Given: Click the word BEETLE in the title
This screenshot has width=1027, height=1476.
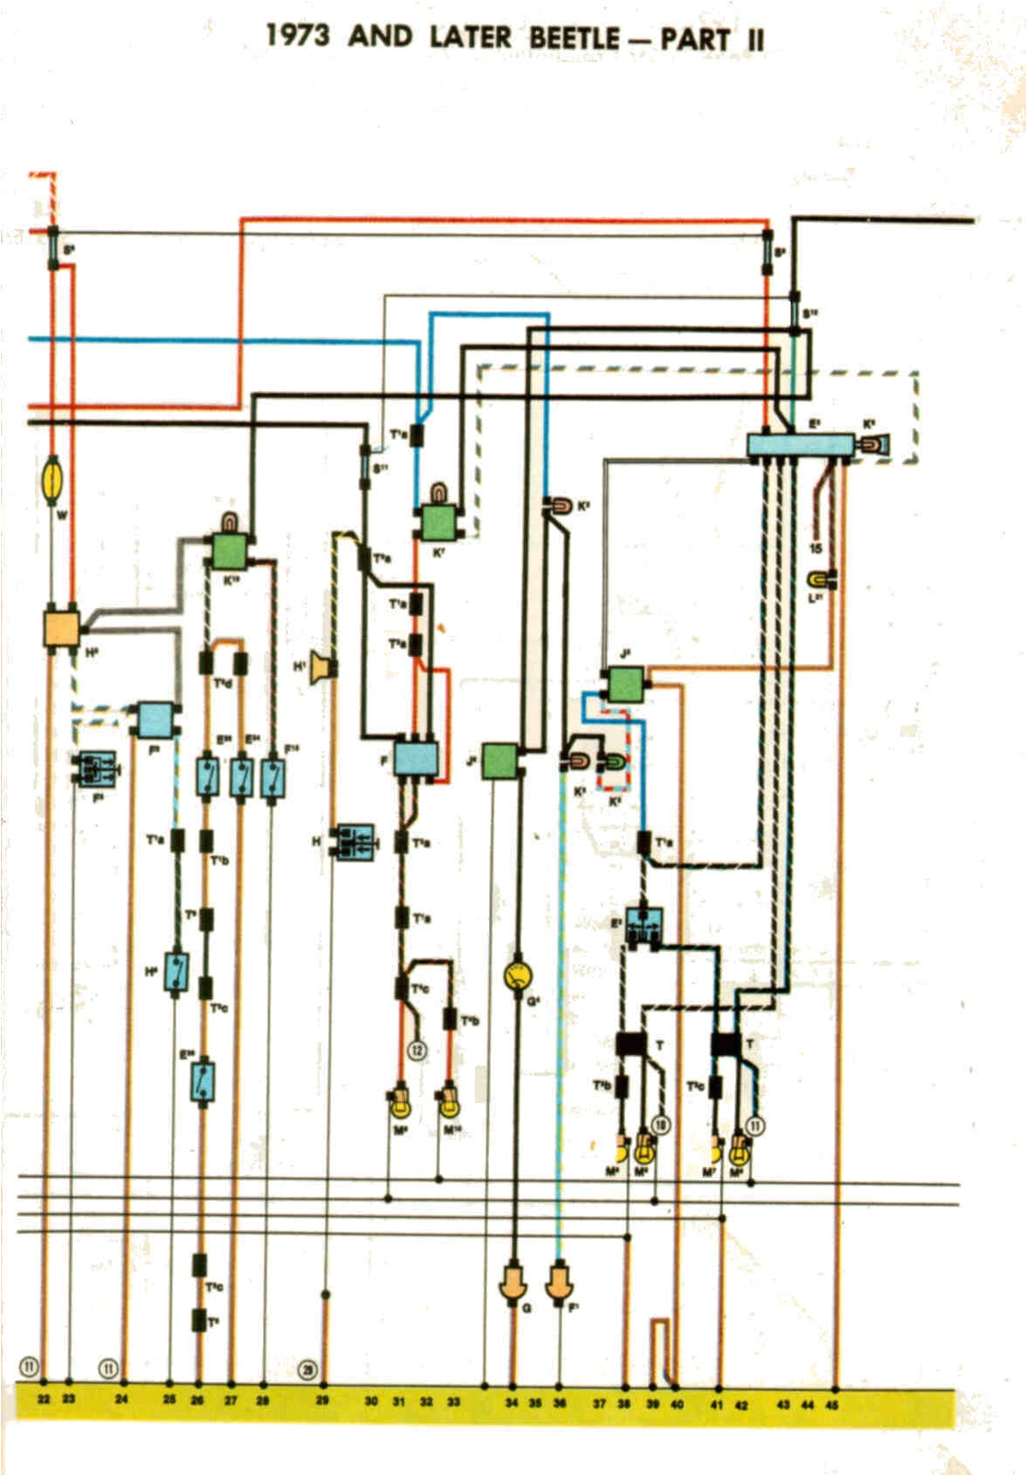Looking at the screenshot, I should tap(574, 38).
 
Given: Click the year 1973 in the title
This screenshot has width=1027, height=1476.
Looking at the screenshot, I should tap(297, 36).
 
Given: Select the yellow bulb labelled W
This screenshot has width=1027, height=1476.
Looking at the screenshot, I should tap(54, 480).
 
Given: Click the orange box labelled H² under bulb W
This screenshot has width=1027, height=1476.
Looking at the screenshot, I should tap(62, 627).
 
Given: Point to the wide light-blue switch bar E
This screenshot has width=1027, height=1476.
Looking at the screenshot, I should tap(799, 445).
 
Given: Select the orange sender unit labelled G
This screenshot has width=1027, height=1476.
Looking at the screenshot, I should tap(513, 1283).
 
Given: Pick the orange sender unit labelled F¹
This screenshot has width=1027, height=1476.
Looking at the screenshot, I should tap(559, 1283).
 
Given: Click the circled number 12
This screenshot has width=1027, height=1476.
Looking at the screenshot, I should tap(417, 1051).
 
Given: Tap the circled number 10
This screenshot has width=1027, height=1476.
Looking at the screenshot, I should tap(661, 1125).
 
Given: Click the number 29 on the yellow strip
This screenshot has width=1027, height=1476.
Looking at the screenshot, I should tap(322, 1400).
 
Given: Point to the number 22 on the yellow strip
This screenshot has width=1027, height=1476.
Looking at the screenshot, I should tap(43, 1399).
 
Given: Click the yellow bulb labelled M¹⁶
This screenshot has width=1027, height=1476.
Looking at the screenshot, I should tap(448, 1101).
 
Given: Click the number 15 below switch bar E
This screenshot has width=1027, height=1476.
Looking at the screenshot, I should tap(815, 549).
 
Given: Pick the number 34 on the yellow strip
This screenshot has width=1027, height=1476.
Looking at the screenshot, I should tap(511, 1402).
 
